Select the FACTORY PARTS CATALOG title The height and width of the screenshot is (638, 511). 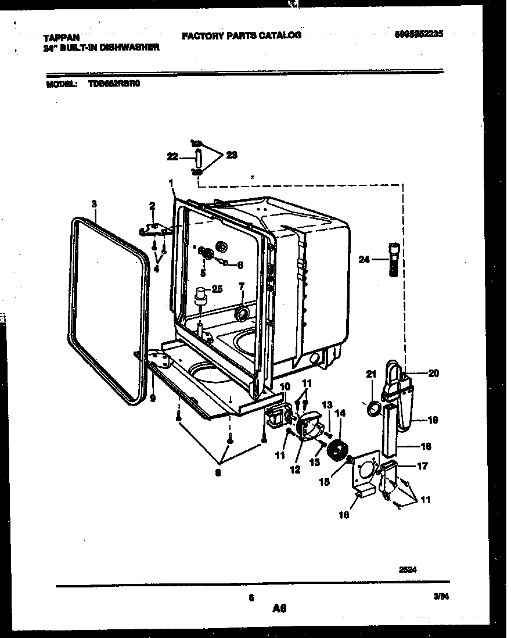[x=242, y=35]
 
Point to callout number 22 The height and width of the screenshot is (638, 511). [x=172, y=156]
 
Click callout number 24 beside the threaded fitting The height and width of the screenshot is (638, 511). [x=364, y=260]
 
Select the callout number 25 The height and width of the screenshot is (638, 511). [x=217, y=288]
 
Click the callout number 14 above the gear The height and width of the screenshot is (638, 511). [x=340, y=413]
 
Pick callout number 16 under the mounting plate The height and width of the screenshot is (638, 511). [x=344, y=515]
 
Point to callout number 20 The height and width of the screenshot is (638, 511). [x=433, y=373]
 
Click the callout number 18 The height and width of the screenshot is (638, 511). [x=427, y=447]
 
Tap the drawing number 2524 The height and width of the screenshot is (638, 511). [x=408, y=570]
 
